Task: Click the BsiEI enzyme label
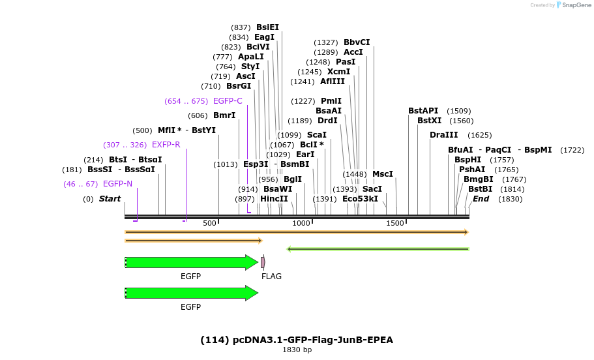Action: pyautogui.click(x=267, y=27)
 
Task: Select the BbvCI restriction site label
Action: pyautogui.click(x=357, y=42)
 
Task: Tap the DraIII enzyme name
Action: pyautogui.click(x=443, y=135)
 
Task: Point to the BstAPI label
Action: pyautogui.click(x=423, y=111)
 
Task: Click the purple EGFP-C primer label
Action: pyautogui.click(x=228, y=101)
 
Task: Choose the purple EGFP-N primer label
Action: pyautogui.click(x=117, y=184)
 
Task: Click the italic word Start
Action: pyautogui.click(x=110, y=199)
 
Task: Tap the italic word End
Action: pyautogui.click(x=481, y=199)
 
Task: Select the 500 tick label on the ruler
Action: pyautogui.click(x=209, y=224)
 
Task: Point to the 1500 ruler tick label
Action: pyautogui.click(x=395, y=224)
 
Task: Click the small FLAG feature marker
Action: pyautogui.click(x=263, y=262)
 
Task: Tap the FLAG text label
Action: pyautogui.click(x=271, y=277)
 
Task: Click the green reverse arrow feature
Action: pyautogui.click(x=378, y=248)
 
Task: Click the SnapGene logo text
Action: pyautogui.click(x=572, y=5)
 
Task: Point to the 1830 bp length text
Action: pyautogui.click(x=297, y=350)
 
